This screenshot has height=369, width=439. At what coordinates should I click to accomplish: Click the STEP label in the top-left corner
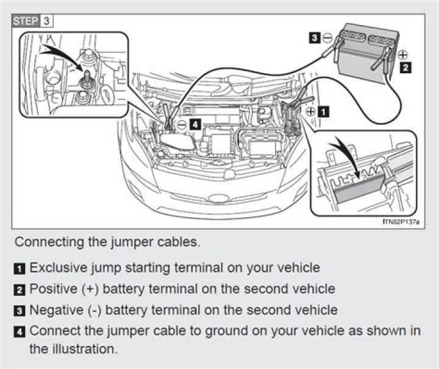[x=26, y=20]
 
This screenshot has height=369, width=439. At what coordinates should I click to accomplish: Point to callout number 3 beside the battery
[x=313, y=38]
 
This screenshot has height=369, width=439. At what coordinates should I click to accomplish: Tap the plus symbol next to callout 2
[x=402, y=55]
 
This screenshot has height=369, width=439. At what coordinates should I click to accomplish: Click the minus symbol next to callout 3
[x=327, y=38]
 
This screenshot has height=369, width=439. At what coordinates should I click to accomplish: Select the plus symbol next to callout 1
[x=311, y=111]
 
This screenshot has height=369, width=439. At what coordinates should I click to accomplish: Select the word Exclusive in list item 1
[x=55, y=267]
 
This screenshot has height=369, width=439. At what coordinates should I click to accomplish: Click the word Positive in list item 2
[x=52, y=288]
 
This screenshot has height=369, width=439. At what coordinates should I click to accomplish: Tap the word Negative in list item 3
[x=54, y=309]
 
